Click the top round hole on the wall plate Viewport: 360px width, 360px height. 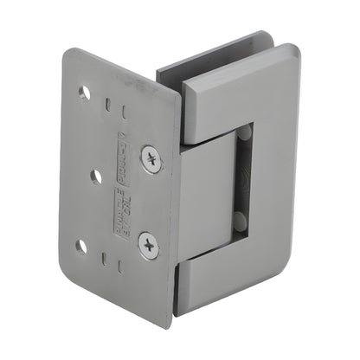pyautogui.click(x=85, y=91)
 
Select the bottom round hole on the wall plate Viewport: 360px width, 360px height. pyautogui.click(x=81, y=247)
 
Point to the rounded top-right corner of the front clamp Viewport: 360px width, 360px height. pyautogui.click(x=289, y=59)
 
